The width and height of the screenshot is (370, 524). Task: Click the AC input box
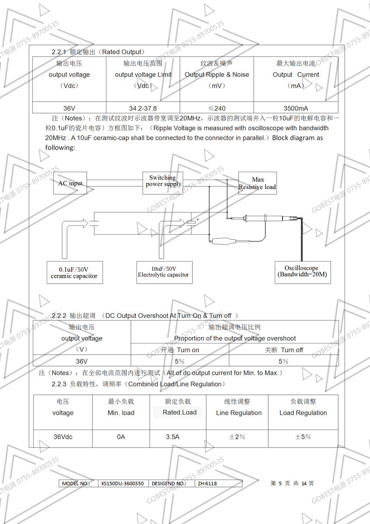coord(70,183)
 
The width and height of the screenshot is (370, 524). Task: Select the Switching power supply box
coord(162,181)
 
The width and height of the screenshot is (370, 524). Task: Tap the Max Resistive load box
coord(258,183)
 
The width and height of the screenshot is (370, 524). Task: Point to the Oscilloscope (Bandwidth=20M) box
coord(302,271)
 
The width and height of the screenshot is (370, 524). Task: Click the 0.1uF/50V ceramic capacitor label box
coord(74,273)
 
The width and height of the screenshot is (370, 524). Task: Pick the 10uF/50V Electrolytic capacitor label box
coord(163,272)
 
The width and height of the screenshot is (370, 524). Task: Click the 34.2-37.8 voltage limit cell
coord(143,108)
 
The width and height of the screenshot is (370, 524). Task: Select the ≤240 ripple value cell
coord(216,108)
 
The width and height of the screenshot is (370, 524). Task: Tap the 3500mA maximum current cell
coord(296,108)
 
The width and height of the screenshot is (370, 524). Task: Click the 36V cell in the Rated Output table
coord(69,108)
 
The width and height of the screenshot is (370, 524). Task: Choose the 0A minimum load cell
coord(121,437)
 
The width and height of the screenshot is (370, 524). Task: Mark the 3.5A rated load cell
coord(173,437)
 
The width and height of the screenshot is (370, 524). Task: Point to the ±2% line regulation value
coord(237,437)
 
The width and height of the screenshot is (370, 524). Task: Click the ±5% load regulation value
coord(302,437)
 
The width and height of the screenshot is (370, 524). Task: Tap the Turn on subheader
coord(180,350)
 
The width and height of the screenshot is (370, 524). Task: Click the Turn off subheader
coord(284,350)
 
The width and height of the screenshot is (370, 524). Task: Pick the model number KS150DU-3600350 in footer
coord(122,483)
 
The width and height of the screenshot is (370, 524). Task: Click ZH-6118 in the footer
coord(207,483)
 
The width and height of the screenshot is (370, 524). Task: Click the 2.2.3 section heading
coord(139,384)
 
